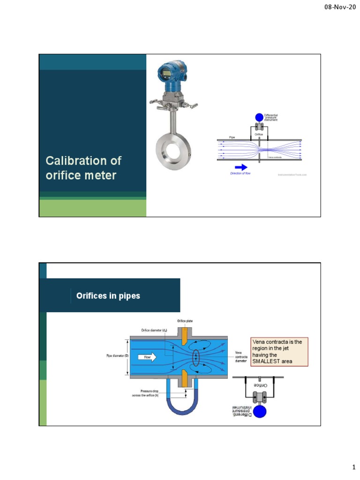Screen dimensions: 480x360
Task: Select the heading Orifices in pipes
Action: pos(108,296)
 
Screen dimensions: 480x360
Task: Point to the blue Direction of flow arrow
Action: pos(241,167)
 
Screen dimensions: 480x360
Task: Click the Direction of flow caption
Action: pos(240,173)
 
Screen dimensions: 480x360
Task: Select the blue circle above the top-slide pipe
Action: pos(259,117)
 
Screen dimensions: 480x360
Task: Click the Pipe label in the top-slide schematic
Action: pos(232,137)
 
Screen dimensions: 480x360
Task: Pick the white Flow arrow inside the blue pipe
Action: pos(147,357)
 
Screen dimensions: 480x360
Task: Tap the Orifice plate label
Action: pos(185,321)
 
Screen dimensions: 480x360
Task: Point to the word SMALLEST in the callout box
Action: pos(267,361)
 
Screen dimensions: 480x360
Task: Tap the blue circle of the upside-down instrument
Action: pos(259,411)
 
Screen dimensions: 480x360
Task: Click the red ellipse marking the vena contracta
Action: pos(195,358)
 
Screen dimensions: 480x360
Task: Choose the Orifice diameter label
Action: pos(154,330)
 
